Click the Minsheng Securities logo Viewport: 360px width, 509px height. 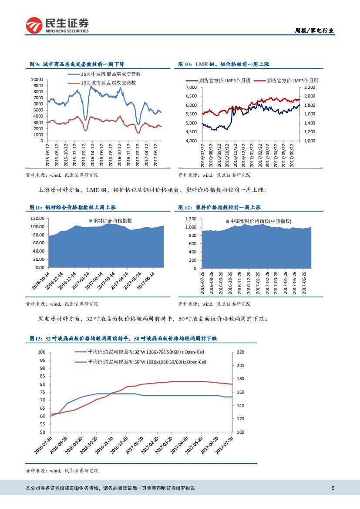(57, 26)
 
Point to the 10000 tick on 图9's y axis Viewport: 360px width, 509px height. (37, 80)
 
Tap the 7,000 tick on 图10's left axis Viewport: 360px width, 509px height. (192, 88)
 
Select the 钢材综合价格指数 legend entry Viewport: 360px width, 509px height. (112, 221)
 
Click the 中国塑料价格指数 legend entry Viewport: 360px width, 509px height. (260, 222)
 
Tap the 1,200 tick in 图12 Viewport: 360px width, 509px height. (192, 219)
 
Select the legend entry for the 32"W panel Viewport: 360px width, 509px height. (145, 352)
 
